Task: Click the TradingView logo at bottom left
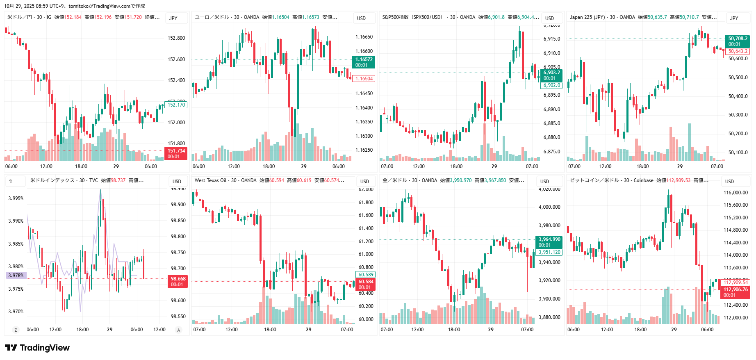pos(37,348)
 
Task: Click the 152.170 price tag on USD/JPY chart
pos(176,105)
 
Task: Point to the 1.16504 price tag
pos(364,79)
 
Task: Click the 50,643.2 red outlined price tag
pos(738,51)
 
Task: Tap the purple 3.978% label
pos(16,276)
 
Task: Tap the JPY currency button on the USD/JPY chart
pos(173,18)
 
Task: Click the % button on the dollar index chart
pos(11,181)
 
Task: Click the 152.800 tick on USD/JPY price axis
pos(176,38)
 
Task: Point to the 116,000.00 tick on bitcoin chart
pos(736,193)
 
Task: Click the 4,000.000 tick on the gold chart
pos(549,207)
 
